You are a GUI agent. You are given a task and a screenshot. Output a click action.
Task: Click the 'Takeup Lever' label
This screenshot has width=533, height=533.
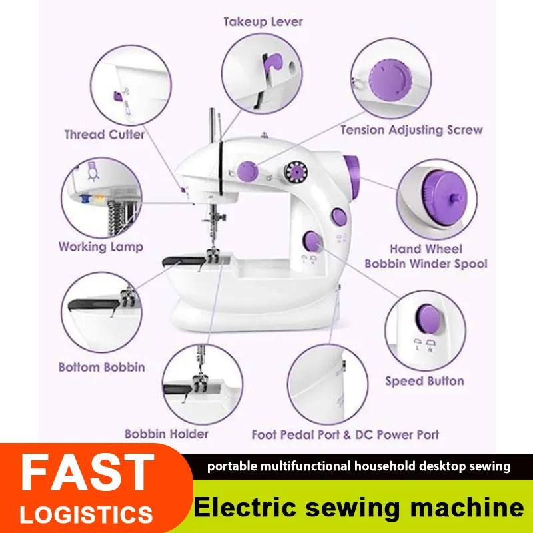pyautogui.click(x=263, y=22)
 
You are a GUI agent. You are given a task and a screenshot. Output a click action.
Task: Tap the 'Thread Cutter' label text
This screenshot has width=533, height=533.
pyautogui.click(x=105, y=135)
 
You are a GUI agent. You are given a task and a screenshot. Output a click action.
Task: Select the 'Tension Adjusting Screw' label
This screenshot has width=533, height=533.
pyautogui.click(x=412, y=130)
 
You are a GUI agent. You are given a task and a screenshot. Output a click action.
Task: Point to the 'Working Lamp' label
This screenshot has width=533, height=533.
pyautogui.click(x=101, y=247)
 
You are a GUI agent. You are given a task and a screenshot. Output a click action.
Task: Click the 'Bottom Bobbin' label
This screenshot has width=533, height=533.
pyautogui.click(x=102, y=367)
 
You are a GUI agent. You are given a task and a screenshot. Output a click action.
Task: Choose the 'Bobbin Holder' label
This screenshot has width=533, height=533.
pyautogui.click(x=167, y=434)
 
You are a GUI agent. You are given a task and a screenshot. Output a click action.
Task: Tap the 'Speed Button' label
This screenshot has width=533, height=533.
pyautogui.click(x=424, y=381)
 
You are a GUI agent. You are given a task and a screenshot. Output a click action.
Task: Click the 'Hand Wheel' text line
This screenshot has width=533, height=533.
pyautogui.click(x=426, y=249)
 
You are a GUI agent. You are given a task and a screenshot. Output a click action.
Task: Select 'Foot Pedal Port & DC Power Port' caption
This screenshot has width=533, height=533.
pyautogui.click(x=345, y=435)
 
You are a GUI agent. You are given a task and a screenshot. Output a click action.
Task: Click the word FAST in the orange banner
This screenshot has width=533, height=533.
pyautogui.click(x=87, y=472)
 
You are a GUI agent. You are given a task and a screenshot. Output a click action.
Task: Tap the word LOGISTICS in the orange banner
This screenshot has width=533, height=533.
pyautogui.click(x=87, y=514)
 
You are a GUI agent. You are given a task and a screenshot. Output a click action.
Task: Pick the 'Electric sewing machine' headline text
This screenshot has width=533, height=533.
pyautogui.click(x=358, y=507)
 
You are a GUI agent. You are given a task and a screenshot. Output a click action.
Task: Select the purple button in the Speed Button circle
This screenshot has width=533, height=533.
pyautogui.click(x=428, y=318)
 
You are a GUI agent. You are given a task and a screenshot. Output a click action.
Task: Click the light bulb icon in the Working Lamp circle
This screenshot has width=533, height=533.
pyautogui.click(x=93, y=171)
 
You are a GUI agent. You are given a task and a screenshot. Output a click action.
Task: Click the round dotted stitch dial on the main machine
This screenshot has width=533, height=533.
pyautogui.click(x=296, y=172)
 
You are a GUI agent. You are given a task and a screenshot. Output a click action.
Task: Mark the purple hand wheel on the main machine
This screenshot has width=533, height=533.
pyautogui.click(x=352, y=177)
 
